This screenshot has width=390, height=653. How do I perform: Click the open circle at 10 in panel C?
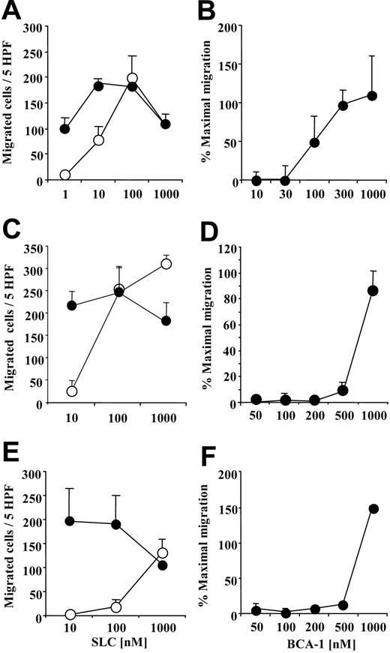coord(72,391)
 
